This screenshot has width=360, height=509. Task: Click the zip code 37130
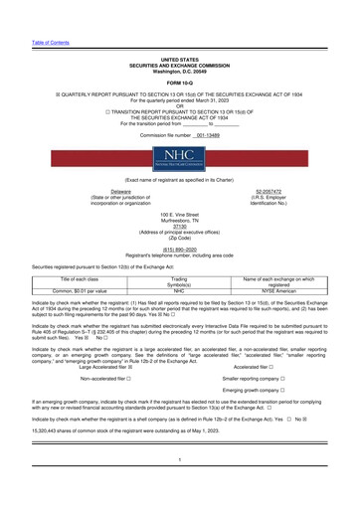tap(179, 224)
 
